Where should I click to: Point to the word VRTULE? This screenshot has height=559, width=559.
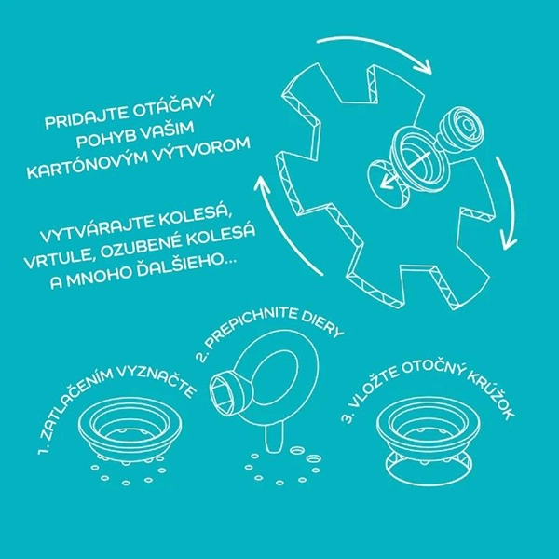click(x=59, y=257)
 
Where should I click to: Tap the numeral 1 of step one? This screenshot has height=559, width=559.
click(x=44, y=451)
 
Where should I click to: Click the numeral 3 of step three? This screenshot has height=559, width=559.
click(x=348, y=417)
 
